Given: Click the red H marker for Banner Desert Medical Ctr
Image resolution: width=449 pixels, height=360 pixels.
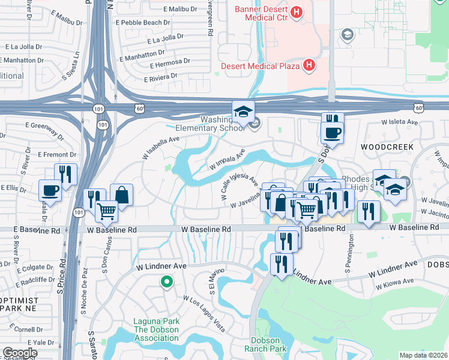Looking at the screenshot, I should coord(296,12).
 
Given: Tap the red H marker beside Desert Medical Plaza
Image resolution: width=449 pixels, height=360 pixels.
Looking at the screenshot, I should coord(309,65).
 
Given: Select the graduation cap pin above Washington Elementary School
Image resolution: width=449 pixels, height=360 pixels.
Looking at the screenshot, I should coord(244,112).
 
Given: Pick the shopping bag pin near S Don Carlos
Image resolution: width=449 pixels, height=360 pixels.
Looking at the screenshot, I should coord(121,194).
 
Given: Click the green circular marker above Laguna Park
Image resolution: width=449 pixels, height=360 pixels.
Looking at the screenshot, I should coord(166,281).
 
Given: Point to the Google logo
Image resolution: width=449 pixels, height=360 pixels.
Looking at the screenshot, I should coord(20,353).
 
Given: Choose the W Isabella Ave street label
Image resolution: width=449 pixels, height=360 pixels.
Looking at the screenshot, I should coord(160,148).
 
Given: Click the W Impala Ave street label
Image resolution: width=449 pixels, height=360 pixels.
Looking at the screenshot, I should coord(227,161).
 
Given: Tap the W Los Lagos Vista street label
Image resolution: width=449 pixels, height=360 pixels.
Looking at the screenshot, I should coord(204,314).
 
